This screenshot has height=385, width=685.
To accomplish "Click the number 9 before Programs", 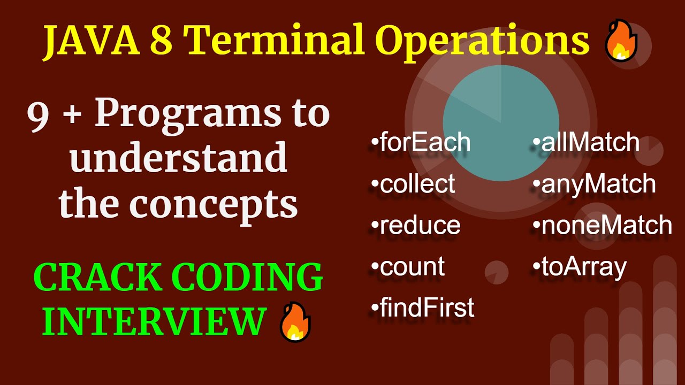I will click(x=39, y=115).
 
